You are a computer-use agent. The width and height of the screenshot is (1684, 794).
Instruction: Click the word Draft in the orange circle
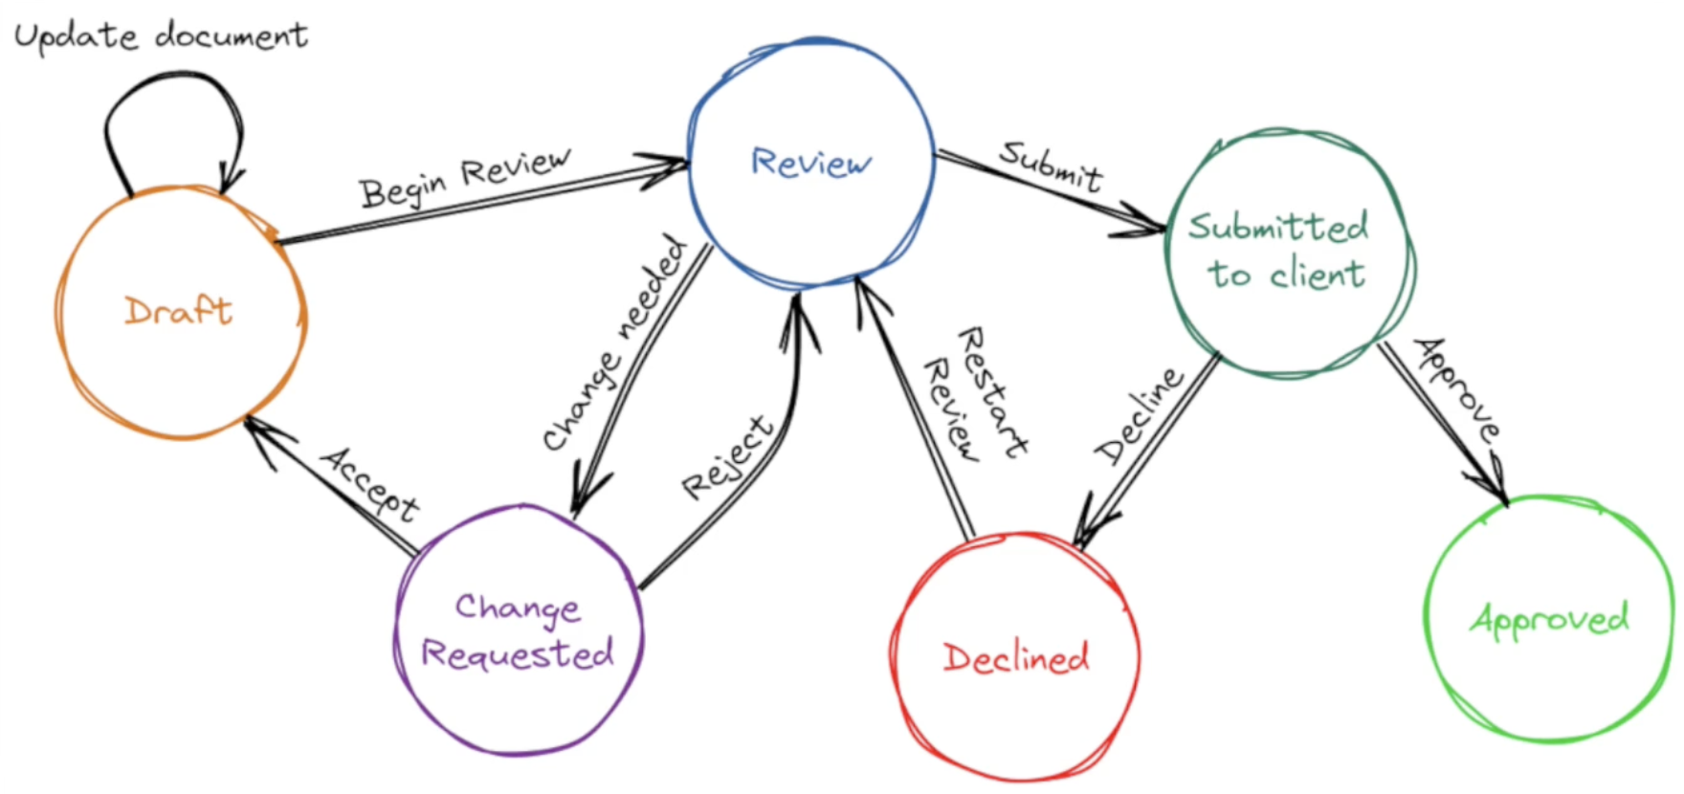(178, 311)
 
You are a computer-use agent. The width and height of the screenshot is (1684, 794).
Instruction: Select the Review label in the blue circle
(810, 163)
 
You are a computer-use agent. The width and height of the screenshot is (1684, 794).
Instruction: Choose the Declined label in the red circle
(1015, 658)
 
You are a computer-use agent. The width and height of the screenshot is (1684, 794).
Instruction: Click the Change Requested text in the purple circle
(518, 631)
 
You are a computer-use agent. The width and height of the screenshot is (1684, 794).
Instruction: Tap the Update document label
(161, 36)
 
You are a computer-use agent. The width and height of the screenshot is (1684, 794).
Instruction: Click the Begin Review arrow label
(465, 177)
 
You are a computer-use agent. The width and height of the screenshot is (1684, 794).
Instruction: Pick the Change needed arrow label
(614, 342)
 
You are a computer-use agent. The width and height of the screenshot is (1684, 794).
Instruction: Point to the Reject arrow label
(727, 457)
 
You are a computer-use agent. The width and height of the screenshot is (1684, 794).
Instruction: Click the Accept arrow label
(369, 483)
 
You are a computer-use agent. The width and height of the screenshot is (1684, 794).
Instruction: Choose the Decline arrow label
(1139, 415)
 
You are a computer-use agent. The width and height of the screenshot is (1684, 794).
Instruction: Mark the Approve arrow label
(1457, 388)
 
